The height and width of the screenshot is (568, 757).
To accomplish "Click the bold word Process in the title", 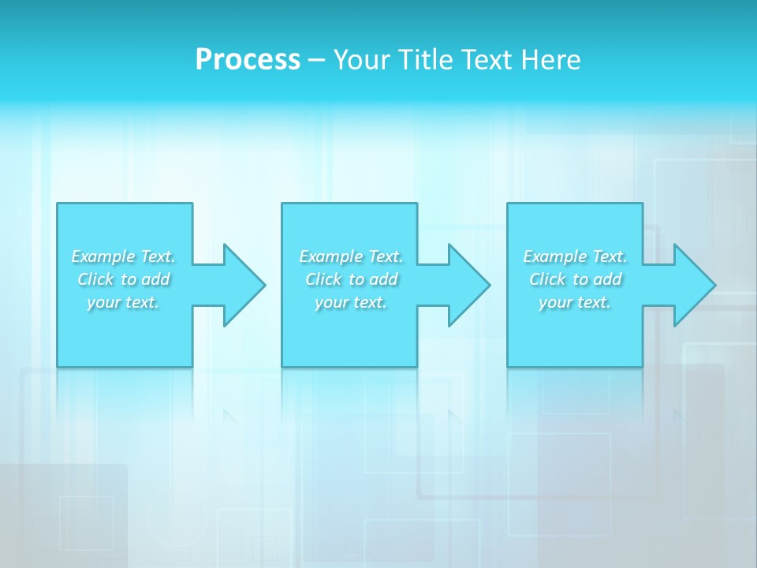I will [x=248, y=60].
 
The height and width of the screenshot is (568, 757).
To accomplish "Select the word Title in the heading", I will [x=424, y=60].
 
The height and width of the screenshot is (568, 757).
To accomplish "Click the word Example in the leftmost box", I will [x=103, y=256].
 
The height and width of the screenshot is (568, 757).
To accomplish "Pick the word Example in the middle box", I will [x=331, y=256].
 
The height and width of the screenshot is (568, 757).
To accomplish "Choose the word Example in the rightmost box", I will [x=555, y=256].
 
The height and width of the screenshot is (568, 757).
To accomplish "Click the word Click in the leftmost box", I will [x=95, y=279].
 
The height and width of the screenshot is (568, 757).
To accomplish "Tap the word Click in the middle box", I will [x=323, y=279].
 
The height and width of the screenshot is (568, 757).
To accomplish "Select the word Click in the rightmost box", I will [x=547, y=279].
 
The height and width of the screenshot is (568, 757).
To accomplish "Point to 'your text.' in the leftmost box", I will [x=123, y=302].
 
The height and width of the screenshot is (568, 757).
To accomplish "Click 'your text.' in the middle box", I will [x=351, y=302].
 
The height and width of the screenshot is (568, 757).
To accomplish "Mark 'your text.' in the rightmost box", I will [x=575, y=302].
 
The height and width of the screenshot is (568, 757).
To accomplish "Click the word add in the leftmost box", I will [x=156, y=279].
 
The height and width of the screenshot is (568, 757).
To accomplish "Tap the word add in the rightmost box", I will [x=608, y=279].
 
